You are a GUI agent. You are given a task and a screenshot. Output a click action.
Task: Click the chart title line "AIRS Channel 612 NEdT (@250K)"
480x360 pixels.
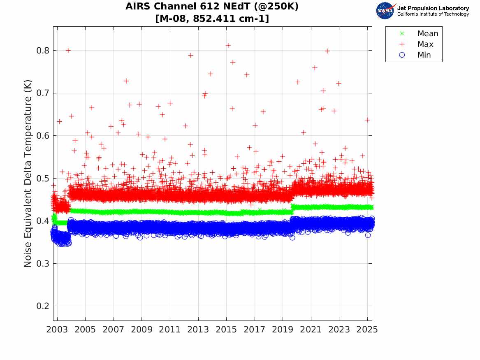(212, 7)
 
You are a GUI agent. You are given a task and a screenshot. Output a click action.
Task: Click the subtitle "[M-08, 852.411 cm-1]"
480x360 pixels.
(212, 19)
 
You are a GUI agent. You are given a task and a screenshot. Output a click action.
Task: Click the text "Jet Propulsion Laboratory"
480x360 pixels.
(433, 8)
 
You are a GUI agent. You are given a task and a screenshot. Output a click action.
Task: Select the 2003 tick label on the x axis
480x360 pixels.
(57, 330)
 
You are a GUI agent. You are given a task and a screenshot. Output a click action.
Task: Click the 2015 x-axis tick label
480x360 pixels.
(226, 330)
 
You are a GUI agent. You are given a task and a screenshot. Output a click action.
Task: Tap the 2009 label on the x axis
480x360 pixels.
(142, 330)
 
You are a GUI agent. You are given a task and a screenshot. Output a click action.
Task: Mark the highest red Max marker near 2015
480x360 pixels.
(228, 45)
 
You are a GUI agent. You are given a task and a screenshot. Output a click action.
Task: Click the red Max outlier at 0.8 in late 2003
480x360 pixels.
(68, 50)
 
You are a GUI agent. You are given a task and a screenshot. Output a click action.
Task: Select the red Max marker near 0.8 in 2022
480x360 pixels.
(327, 51)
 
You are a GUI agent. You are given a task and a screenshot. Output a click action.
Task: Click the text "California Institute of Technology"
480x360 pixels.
(433, 14)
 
